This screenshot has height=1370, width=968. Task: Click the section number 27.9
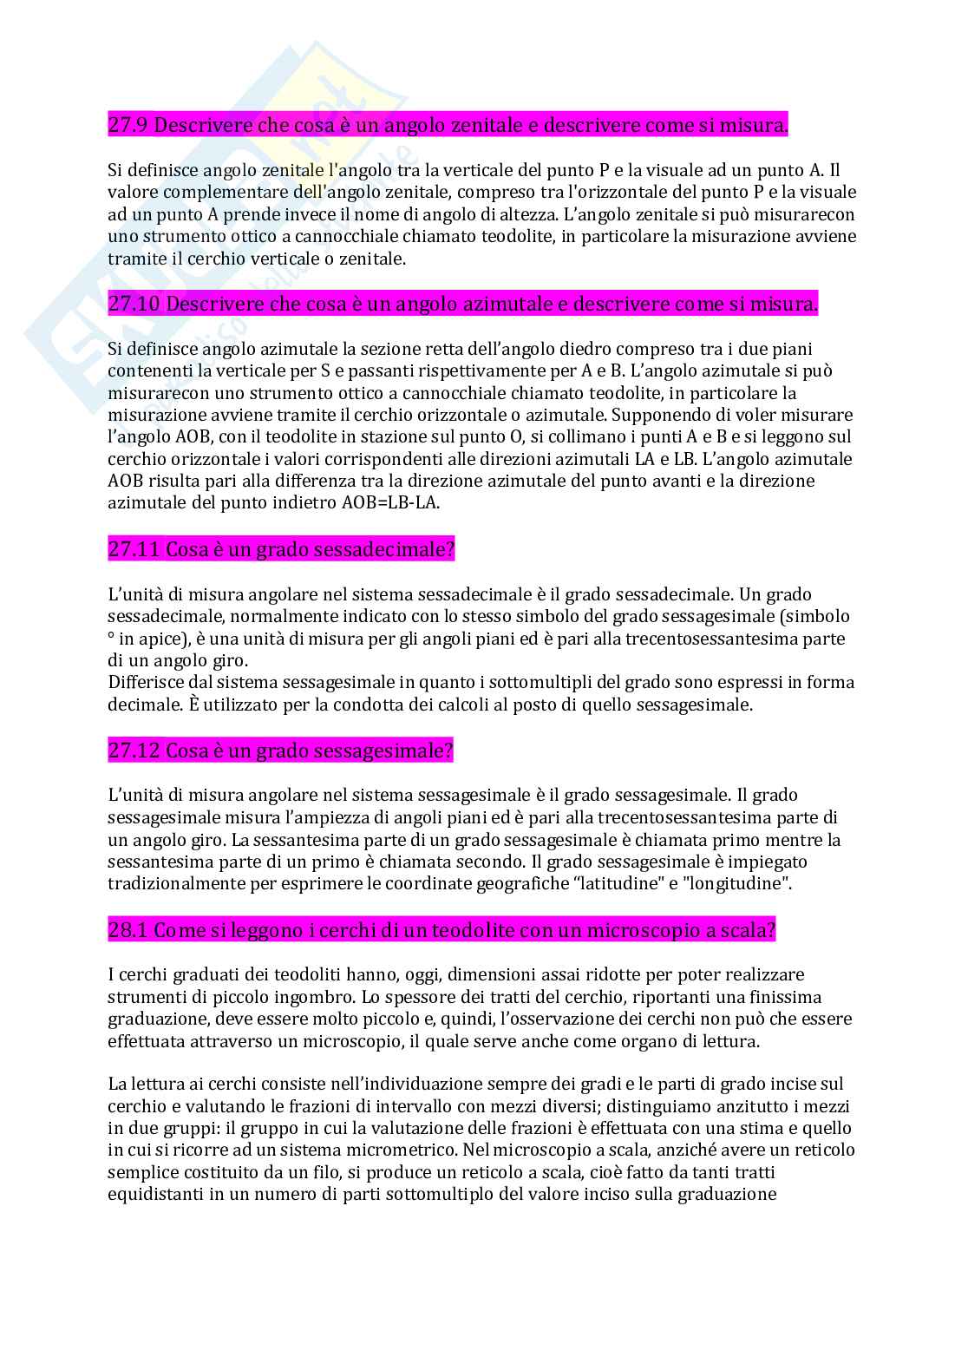(128, 126)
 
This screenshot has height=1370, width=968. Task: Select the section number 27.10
(134, 305)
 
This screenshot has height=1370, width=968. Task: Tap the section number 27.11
(134, 549)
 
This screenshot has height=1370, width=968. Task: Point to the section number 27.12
(134, 751)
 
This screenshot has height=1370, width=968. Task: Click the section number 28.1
(128, 930)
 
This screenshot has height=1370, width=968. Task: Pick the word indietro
(268, 502)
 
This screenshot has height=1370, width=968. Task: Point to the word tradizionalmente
(173, 884)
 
